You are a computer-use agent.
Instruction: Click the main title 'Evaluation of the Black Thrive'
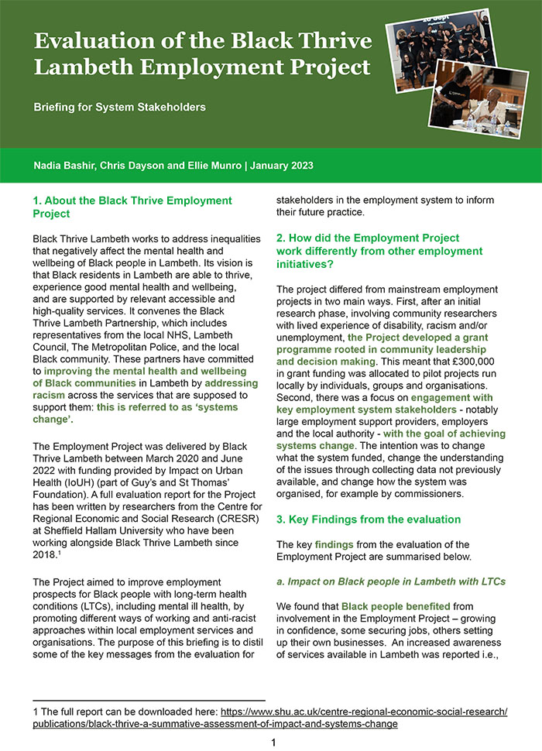pos(203,41)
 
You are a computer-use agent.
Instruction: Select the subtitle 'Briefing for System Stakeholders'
pos(119,107)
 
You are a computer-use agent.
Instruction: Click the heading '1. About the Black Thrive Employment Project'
pos(132,207)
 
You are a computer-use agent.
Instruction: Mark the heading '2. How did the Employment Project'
pos(368,238)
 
